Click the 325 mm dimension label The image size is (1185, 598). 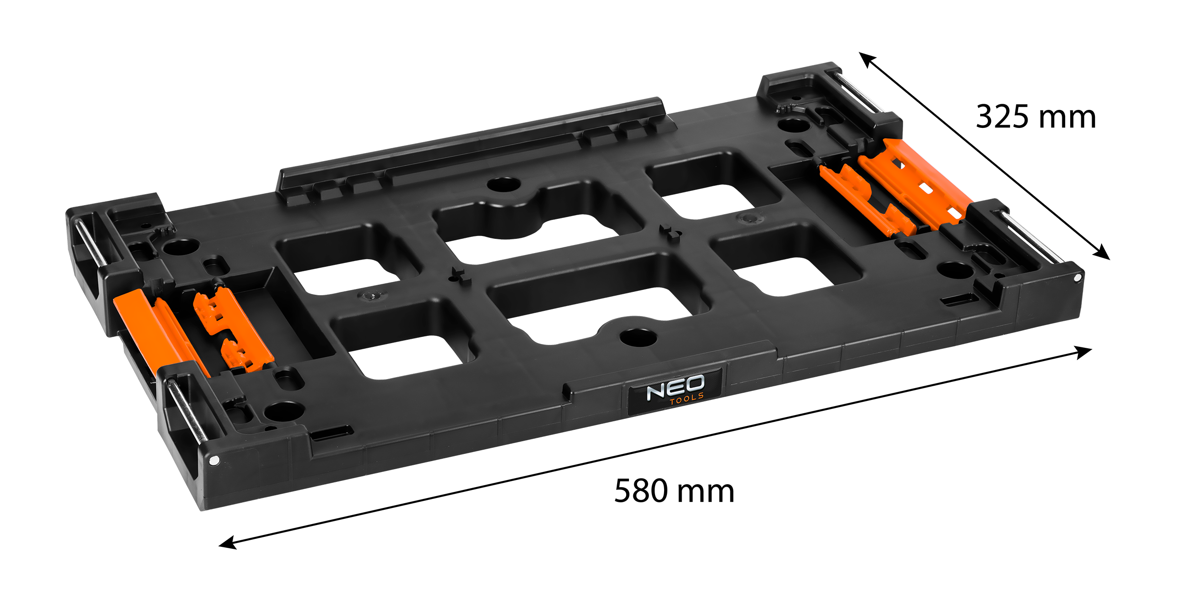pos(1036,117)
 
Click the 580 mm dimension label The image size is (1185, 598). pos(674,491)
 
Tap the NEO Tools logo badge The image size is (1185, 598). pos(675,391)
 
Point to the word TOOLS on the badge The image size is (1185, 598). pos(686,399)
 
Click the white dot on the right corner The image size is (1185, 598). pos(1078,277)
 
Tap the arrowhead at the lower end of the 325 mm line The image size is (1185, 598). pos(1101,252)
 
